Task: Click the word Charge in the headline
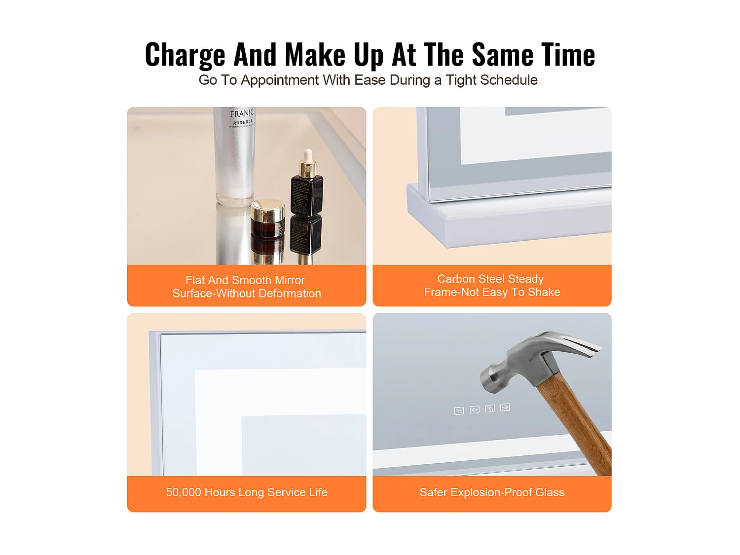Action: [185, 55]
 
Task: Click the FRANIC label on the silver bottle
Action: [242, 113]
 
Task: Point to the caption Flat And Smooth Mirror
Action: [245, 280]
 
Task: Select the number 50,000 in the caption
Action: [184, 492]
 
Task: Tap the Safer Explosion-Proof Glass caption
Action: [492, 492]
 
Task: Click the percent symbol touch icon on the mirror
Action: [459, 411]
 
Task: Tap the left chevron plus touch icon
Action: [475, 409]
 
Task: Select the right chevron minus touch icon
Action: [505, 407]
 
